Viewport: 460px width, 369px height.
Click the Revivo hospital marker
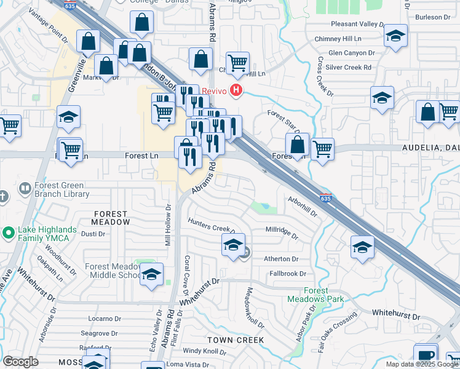tap(236, 91)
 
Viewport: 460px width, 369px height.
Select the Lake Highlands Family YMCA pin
tap(9, 233)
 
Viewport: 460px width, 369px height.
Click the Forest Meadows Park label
tap(315, 295)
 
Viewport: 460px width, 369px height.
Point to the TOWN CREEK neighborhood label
tap(236, 339)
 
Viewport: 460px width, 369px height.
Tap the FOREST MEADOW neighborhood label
tap(111, 217)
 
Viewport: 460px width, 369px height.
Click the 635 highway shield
tap(326, 198)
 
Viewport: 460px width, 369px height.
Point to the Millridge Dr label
tap(282, 232)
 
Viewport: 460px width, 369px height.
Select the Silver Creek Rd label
tap(351, 67)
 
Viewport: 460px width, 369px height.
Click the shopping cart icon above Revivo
tap(237, 62)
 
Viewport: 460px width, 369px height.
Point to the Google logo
tap(20, 362)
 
